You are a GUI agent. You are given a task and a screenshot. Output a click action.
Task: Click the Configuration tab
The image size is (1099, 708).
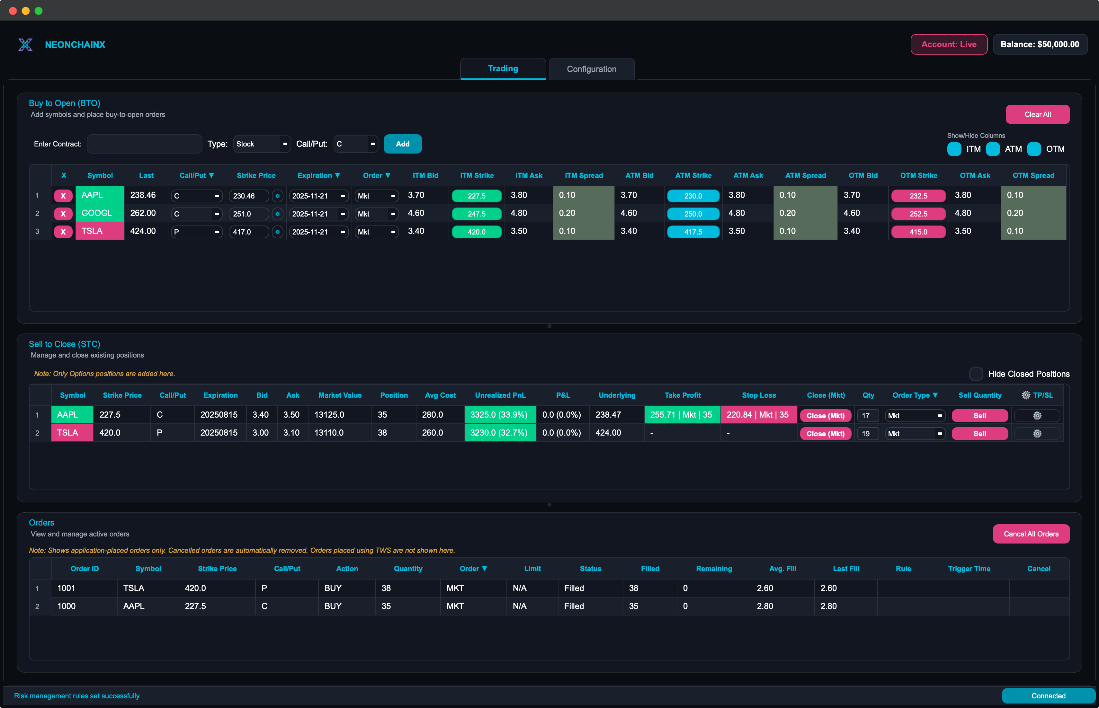591,69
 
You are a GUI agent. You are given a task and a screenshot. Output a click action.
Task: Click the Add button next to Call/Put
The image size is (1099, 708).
402,144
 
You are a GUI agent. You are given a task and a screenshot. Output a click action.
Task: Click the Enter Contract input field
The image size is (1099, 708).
144,144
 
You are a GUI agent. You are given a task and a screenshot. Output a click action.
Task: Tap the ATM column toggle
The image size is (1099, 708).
993,149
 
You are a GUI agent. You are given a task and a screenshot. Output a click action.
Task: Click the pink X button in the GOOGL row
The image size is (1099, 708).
63,214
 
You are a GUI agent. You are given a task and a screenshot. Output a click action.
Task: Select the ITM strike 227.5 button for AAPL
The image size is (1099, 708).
476,196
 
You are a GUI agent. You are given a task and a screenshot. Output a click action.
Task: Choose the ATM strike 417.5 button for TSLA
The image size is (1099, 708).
693,232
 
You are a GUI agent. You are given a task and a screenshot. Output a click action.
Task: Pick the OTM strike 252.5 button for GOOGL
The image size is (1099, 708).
918,214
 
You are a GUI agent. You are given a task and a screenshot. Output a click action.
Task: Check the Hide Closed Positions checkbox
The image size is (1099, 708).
976,374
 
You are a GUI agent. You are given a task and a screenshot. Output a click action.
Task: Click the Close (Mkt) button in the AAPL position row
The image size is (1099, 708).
826,416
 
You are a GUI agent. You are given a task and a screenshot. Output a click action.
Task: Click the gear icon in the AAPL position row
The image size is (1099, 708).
1037,416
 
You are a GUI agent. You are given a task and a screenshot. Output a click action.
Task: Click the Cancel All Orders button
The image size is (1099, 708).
1031,534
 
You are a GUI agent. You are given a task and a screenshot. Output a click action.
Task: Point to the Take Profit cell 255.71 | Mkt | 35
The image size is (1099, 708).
682,415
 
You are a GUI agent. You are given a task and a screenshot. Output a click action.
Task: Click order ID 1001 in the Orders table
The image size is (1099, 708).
67,588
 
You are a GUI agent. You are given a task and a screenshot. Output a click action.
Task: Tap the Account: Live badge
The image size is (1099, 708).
949,44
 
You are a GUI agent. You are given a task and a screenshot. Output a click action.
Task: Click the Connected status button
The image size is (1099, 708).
1048,695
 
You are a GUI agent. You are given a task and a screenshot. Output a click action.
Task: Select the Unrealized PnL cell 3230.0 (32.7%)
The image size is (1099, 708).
499,433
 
